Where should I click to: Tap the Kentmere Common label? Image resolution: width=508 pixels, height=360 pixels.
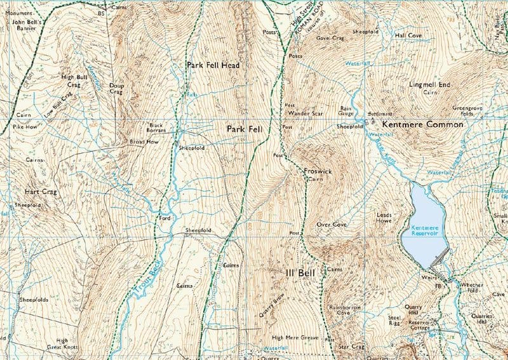point(423,125)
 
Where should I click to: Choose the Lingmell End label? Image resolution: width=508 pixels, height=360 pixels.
point(430,84)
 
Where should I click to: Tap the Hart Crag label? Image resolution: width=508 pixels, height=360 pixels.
point(41,191)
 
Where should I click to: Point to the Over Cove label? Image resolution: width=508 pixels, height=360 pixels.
point(331,225)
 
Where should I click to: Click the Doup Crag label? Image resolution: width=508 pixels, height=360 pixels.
point(116,88)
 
